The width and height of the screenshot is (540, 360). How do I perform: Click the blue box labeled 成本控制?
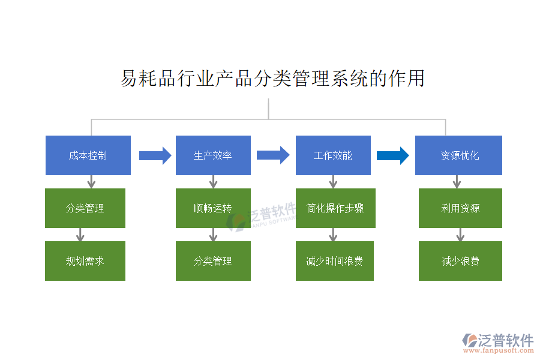[88, 155]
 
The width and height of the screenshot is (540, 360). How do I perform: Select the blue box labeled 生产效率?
[213, 155]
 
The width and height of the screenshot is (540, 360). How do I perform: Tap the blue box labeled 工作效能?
[333, 155]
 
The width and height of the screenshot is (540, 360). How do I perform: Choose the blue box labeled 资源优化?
[458, 155]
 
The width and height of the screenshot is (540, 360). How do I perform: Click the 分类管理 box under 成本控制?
[85, 208]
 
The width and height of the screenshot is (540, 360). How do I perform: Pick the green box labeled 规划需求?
[85, 261]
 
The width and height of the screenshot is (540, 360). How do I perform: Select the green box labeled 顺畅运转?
[213, 208]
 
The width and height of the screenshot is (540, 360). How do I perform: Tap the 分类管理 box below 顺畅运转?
[213, 261]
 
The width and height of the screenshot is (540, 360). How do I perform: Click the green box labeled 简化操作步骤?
[335, 208]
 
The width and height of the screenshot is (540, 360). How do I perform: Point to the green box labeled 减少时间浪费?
[335, 261]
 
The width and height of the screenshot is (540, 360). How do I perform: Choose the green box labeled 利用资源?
[460, 208]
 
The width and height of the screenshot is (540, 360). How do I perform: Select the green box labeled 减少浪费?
[460, 261]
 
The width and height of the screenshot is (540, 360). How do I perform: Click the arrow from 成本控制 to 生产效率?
[155, 156]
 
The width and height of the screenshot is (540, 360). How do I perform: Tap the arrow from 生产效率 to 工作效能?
[273, 155]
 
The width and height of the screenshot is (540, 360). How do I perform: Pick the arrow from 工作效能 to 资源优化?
[393, 156]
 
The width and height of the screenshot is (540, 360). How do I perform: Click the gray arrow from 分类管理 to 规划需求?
[80, 235]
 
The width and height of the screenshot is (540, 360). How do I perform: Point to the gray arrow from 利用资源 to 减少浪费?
[460, 235]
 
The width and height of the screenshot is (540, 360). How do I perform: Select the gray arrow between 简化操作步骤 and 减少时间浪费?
[334, 235]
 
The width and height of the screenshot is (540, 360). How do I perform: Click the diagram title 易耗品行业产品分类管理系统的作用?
[273, 79]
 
